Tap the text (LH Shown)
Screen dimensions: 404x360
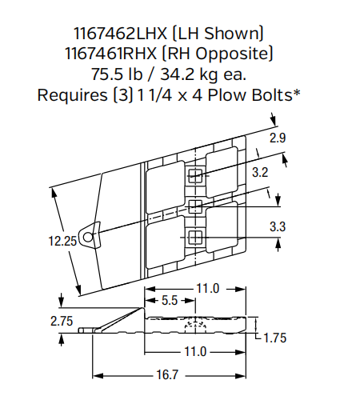pyautogui.click(x=223, y=34)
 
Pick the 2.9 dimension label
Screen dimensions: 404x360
pyautogui.click(x=277, y=138)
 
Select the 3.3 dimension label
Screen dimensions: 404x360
pyautogui.click(x=277, y=226)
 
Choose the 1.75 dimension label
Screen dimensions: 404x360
pyautogui.click(x=276, y=337)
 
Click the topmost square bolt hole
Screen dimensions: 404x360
pyautogui.click(x=195, y=176)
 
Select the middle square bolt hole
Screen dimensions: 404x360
pyautogui.click(x=195, y=206)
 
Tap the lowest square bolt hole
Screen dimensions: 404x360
pyautogui.click(x=195, y=236)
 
